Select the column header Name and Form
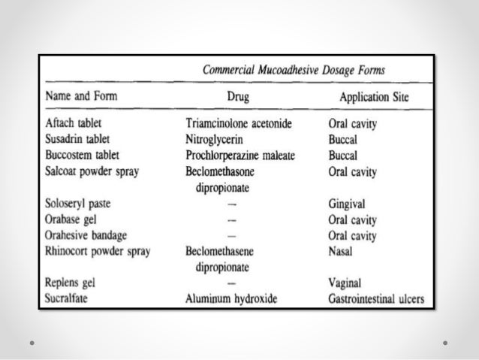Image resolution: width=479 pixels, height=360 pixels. (x=82, y=96)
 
